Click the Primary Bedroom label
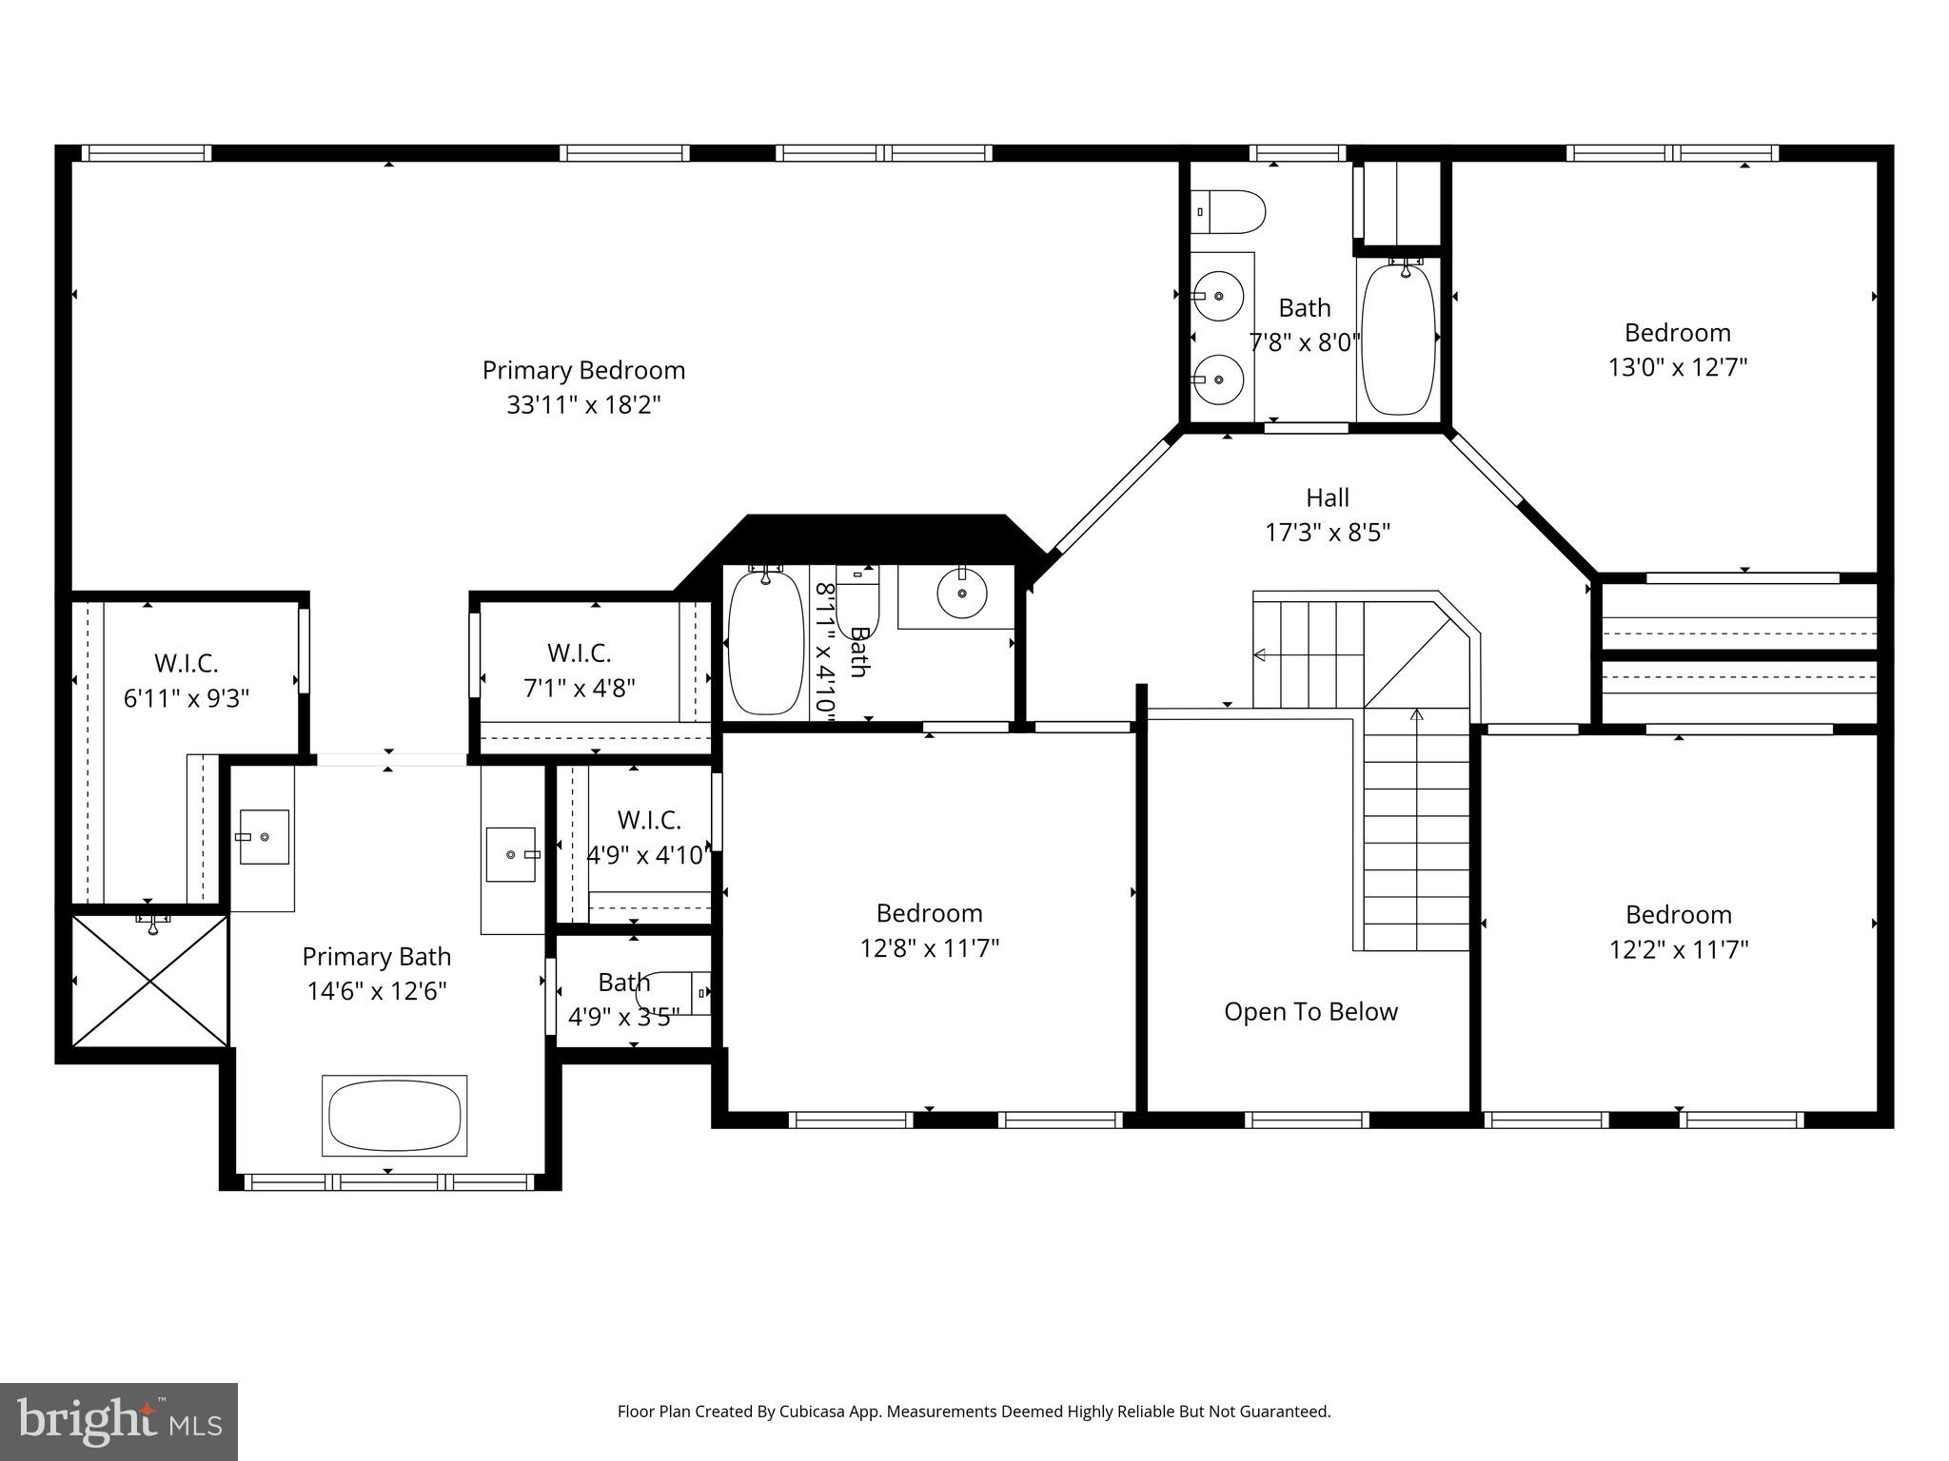tap(583, 370)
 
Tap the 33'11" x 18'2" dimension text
tap(583, 405)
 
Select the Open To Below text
tap(1310, 1011)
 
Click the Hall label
tap(1327, 497)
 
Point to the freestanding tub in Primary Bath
tap(394, 1116)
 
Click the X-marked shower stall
tap(150, 981)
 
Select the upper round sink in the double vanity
tap(1218, 297)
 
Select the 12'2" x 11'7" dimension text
tap(1679, 949)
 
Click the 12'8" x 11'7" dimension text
tap(930, 948)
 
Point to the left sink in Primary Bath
tap(264, 836)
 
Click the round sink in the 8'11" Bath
tap(961, 594)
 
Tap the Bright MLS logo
tap(119, 1421)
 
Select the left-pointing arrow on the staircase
tap(1260, 654)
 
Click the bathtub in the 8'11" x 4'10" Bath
tap(765, 642)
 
